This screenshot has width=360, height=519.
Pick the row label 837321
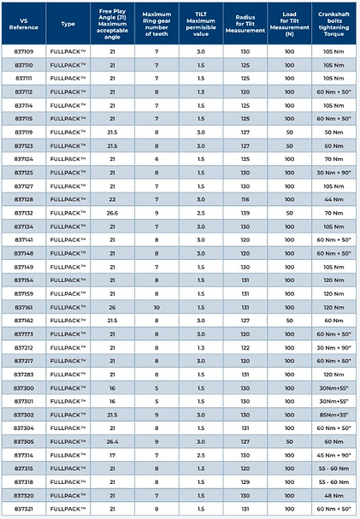(24, 510)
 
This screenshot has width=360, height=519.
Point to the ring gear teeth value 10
(156, 306)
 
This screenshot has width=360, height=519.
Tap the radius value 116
(245, 198)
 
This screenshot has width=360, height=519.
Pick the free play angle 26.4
(112, 442)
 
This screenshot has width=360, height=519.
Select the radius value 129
(245, 482)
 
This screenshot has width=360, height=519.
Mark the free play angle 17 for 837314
(112, 456)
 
